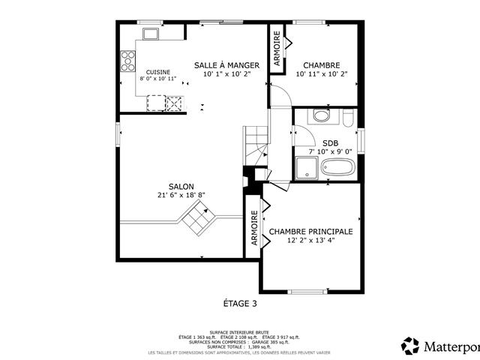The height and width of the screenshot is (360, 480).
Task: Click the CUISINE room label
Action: tap(158, 72)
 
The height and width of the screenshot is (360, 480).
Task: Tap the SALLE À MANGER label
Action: tap(226, 65)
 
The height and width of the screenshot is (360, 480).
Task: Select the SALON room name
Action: tap(181, 186)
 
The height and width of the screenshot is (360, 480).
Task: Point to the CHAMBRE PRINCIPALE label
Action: tap(310, 232)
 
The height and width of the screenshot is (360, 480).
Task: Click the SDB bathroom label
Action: tap(330, 142)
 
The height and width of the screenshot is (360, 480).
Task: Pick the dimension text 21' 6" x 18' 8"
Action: tap(181, 195)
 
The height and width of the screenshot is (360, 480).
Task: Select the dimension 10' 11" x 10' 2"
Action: tap(322, 74)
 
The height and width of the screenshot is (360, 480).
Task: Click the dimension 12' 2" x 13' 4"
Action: tap(310, 241)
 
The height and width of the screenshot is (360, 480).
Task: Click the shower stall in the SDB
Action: tap(305, 169)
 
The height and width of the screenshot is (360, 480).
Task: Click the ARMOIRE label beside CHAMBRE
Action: tap(277, 50)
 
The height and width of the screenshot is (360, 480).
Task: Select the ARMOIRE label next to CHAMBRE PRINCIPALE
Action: tap(253, 229)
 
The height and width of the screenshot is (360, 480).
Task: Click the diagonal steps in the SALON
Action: tap(198, 220)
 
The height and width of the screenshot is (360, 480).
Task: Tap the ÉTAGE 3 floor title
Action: tap(240, 304)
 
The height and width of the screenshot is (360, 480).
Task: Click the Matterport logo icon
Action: tap(410, 346)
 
